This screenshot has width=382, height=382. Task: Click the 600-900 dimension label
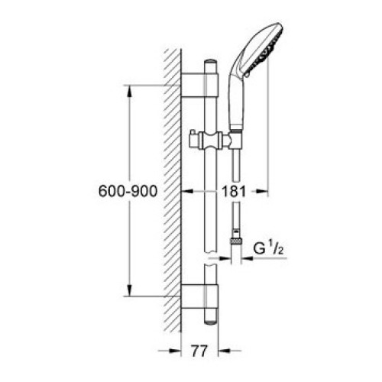pyautogui.click(x=128, y=191)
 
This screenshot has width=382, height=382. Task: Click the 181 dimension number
pyautogui.click(x=234, y=191)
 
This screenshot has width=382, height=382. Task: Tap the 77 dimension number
pyautogui.click(x=199, y=351)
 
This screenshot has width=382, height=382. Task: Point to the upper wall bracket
pyautogui.click(x=200, y=85)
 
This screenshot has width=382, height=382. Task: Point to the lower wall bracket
pyautogui.click(x=200, y=296)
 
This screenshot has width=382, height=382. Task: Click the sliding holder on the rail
pyautogui.click(x=211, y=141)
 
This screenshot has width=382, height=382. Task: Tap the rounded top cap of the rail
pyautogui.click(x=211, y=62)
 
